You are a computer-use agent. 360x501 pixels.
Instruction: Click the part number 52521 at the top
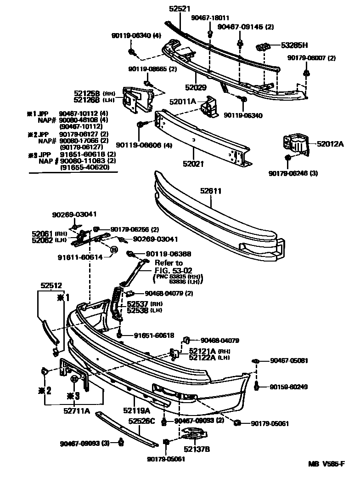click(x=180, y=9)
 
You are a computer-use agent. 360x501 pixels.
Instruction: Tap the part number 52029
click(x=196, y=87)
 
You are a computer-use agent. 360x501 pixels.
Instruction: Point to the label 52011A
click(x=182, y=102)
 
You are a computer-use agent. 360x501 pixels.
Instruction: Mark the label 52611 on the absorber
click(x=211, y=190)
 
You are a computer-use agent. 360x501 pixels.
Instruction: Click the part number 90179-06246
click(x=293, y=173)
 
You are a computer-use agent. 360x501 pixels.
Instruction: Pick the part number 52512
click(x=51, y=285)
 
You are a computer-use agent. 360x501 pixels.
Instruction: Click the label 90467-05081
click(x=288, y=361)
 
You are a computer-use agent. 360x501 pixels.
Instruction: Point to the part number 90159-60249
click(x=288, y=387)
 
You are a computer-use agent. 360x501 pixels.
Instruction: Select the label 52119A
click(x=136, y=410)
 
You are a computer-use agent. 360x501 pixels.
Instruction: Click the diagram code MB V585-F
click(x=326, y=464)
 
